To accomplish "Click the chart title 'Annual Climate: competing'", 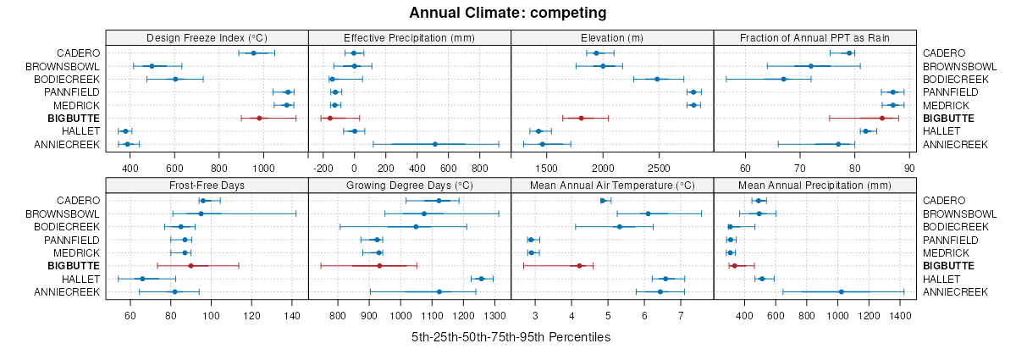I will point(507,13).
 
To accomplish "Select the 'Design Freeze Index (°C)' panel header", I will point(207,37).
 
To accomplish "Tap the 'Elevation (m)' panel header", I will point(612,37).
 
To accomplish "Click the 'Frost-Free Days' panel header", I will point(207,185).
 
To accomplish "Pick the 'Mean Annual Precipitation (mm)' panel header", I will point(814,185).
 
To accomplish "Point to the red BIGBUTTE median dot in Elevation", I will point(581,118).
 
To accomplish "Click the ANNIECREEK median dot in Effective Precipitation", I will point(435,144).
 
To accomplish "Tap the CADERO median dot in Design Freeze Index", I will point(253,53).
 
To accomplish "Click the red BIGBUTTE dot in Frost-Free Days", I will point(191,266).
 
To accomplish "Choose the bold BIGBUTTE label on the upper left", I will point(74,118).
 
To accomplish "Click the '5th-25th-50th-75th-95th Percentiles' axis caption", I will point(511,337).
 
